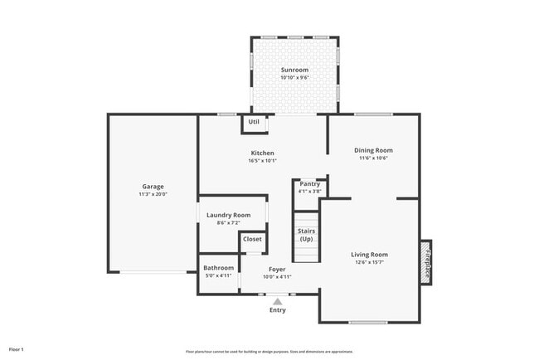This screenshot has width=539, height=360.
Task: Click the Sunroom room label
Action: [294, 70]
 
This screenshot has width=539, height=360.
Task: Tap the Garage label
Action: [152, 187]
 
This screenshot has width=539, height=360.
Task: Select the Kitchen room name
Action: [263, 153]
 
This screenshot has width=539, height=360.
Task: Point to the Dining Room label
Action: [372, 150]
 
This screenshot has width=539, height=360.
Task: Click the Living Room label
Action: [370, 255]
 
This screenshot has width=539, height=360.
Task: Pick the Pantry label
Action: [310, 183]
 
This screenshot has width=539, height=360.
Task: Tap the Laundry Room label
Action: [228, 215]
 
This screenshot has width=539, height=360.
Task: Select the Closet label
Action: [252, 239]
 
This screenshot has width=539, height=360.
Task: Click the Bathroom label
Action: [219, 268]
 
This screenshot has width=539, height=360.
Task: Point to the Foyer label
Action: [278, 269]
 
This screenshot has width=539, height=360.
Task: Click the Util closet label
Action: [254, 122]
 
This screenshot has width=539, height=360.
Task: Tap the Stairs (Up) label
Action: [306, 234]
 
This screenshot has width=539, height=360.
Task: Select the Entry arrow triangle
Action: [278, 302]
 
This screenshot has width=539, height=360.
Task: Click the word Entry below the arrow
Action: [278, 311]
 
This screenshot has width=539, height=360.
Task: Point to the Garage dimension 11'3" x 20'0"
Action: [152, 195]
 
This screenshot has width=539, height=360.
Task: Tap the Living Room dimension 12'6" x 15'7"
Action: [370, 263]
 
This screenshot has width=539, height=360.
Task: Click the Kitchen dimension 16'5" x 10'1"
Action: [263, 161]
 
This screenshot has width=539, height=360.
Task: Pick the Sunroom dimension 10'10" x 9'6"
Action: [294, 78]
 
